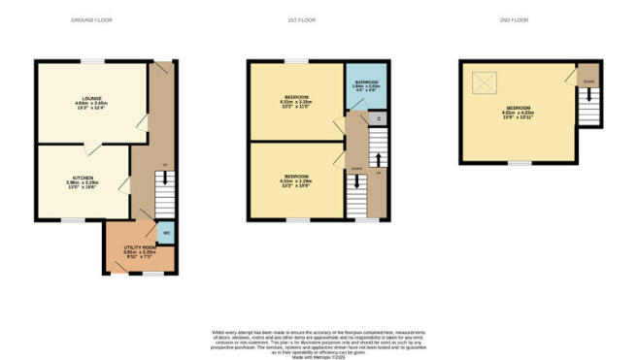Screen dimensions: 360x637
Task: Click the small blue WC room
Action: click(166, 233)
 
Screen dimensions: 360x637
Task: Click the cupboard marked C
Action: click(378, 119)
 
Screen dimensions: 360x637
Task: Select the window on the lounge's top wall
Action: click(92, 61)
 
